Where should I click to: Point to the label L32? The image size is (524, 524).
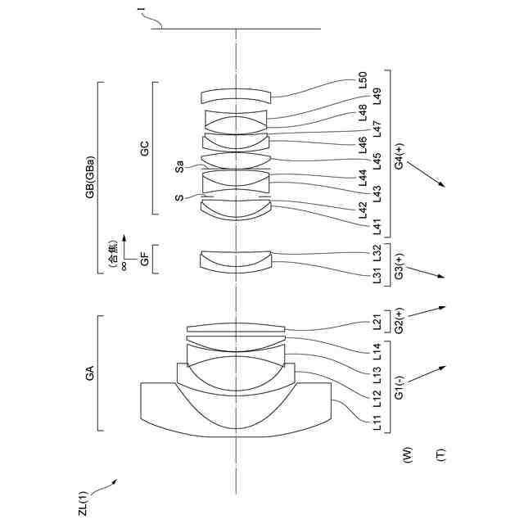click(x=377, y=252)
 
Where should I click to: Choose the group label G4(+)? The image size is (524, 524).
click(x=399, y=156)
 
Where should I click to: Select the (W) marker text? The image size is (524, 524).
click(x=407, y=453)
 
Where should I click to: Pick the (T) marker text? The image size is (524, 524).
click(x=441, y=453)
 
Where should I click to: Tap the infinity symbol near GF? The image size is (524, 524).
click(x=123, y=264)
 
